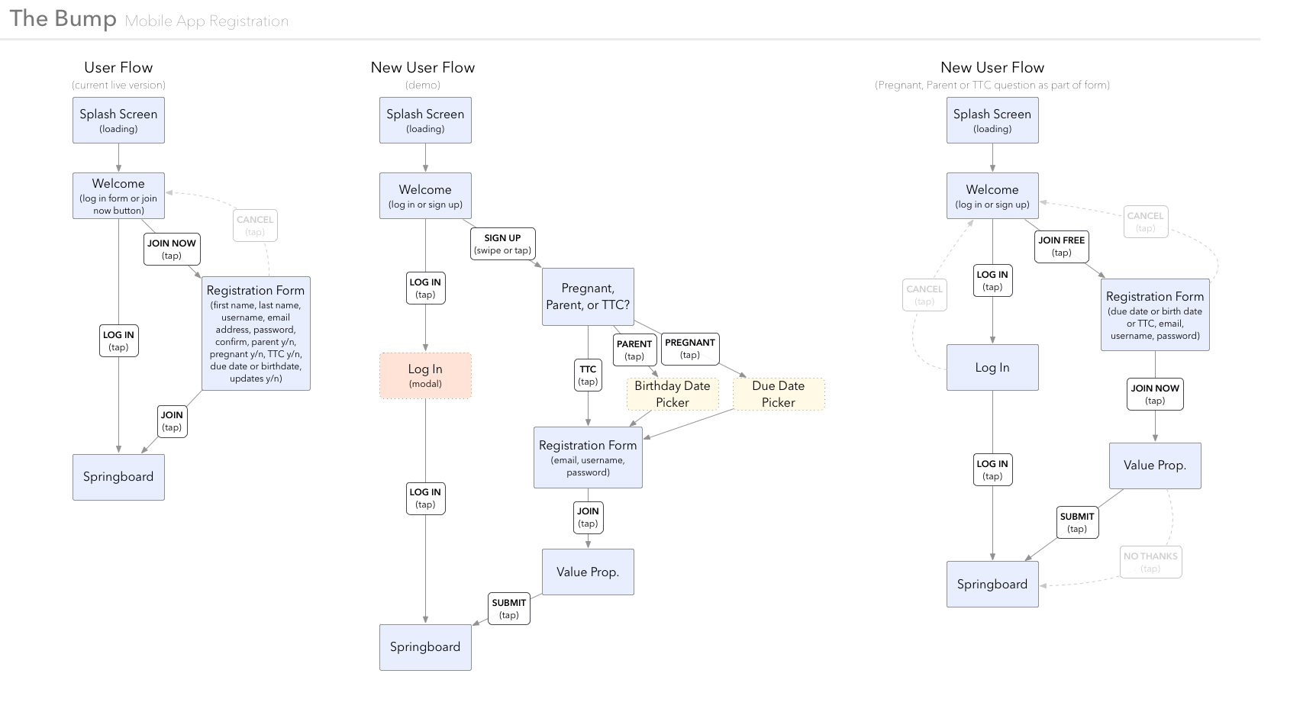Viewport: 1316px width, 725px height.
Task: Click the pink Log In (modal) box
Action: pyautogui.click(x=425, y=375)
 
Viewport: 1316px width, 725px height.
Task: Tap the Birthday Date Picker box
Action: pyautogui.click(x=672, y=394)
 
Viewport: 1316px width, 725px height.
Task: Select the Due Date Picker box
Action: pyautogui.click(x=778, y=394)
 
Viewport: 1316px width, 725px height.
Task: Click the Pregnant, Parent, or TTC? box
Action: pyautogui.click(x=587, y=297)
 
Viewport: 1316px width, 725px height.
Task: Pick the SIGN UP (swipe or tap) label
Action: pyautogui.click(x=502, y=244)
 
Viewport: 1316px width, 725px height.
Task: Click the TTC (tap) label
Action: pyautogui.click(x=588, y=375)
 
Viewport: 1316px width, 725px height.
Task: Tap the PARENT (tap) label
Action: pyautogui.click(x=634, y=350)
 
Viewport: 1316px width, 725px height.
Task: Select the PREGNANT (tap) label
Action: pyautogui.click(x=689, y=349)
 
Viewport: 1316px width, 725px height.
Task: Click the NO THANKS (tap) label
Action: pyautogui.click(x=1150, y=562)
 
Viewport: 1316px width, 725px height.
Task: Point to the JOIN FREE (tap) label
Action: pyautogui.click(x=1061, y=246)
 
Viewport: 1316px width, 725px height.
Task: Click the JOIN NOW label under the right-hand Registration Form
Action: pyautogui.click(x=1155, y=395)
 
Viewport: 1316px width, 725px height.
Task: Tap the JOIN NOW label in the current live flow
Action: pyautogui.click(x=172, y=250)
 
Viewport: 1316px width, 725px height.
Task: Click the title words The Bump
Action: pyautogui.click(x=63, y=18)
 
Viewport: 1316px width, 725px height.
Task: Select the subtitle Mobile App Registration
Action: pyautogui.click(x=207, y=21)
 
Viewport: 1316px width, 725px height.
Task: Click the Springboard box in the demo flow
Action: pyautogui.click(x=425, y=647)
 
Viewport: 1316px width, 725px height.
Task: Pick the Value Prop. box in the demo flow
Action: pyautogui.click(x=587, y=572)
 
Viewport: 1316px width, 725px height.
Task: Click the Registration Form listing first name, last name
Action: pyautogui.click(x=256, y=333)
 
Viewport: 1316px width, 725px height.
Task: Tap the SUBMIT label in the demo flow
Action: pyautogui.click(x=509, y=608)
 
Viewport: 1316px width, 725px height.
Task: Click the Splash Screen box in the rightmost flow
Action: pyautogui.click(x=992, y=120)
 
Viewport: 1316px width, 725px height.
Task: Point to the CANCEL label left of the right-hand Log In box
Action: pyautogui.click(x=924, y=295)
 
